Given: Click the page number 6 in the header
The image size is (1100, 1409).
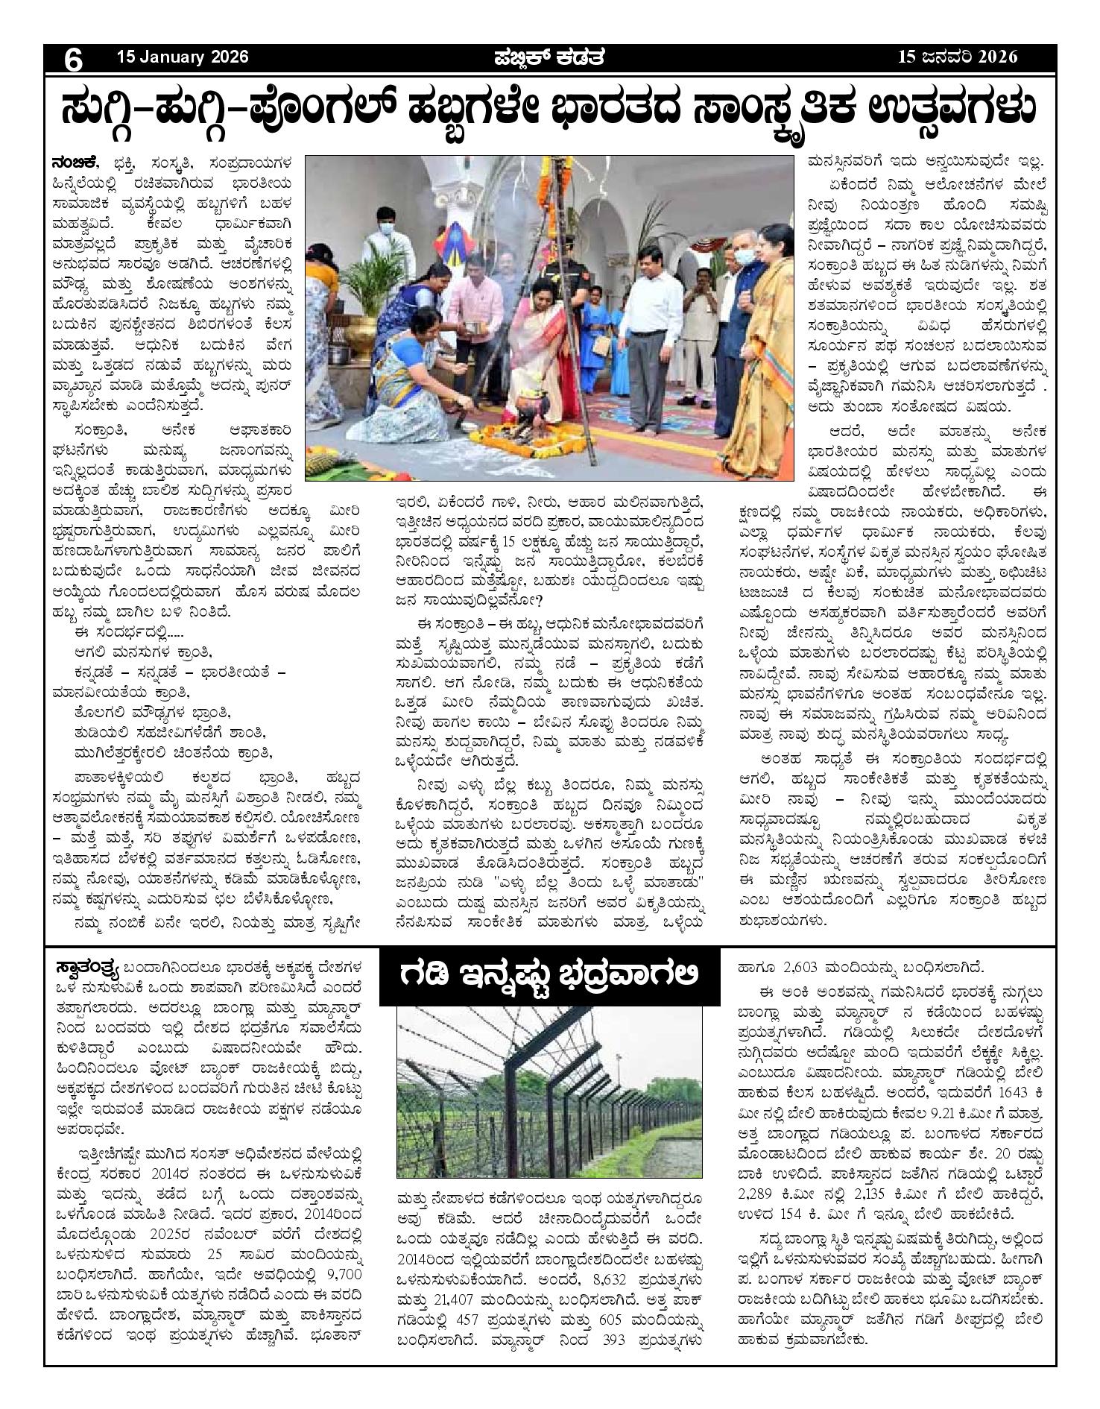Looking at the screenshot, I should click(x=73, y=58).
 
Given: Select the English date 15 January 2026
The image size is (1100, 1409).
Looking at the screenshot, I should click(x=182, y=57).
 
